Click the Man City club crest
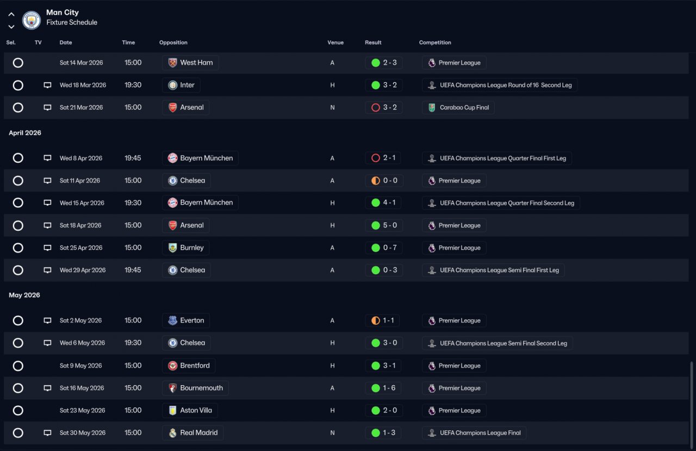pyautogui.click(x=31, y=20)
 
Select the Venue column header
pyautogui.click(x=335, y=42)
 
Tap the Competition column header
pyautogui.click(x=434, y=42)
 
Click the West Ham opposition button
pyautogui.click(x=190, y=63)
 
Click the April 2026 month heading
pyautogui.click(x=25, y=133)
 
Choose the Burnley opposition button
pyautogui.click(x=185, y=248)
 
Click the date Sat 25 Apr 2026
pyautogui.click(x=81, y=248)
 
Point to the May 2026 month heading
pyautogui.click(x=24, y=295)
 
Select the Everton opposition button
pyautogui.click(x=186, y=320)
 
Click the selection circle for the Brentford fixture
pyautogui.click(x=18, y=366)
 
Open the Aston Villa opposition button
pyautogui.click(x=190, y=410)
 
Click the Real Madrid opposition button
pyautogui.click(x=192, y=433)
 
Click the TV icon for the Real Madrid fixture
pyautogui.click(x=47, y=433)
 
